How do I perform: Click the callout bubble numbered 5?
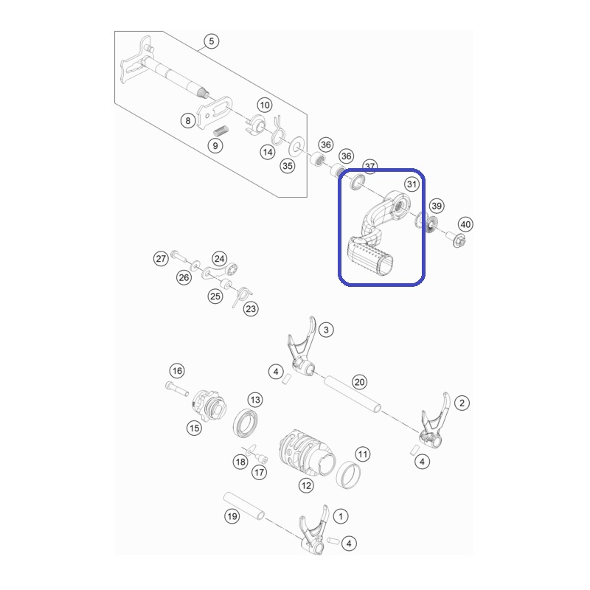coord(211,41)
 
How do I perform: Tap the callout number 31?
coord(412,184)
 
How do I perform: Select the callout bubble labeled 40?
coord(465,224)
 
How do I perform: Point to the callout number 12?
coord(306,485)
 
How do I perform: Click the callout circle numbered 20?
coord(359,382)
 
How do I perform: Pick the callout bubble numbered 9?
coord(215,145)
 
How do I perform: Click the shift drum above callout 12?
coord(308,452)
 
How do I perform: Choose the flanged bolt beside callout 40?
coord(455,239)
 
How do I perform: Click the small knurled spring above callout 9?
coord(221,131)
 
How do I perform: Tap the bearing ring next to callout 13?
coord(246,422)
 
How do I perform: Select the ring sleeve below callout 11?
coord(348,475)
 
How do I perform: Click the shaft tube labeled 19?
coord(244,506)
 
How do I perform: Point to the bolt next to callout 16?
coord(177,389)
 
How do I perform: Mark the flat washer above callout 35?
coord(297,146)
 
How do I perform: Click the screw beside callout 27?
coord(178,255)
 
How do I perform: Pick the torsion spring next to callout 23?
coord(241,296)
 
